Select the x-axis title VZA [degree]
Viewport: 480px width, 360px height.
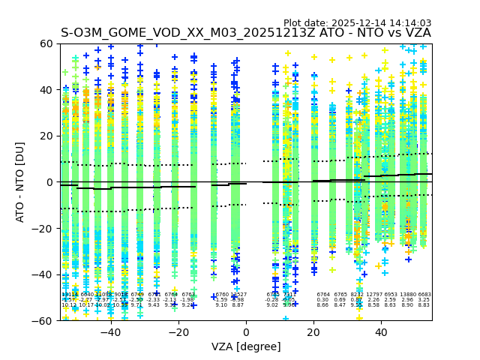[246, 346]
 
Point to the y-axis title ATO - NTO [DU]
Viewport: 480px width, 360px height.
[20, 182]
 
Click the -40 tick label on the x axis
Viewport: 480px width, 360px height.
[110, 331]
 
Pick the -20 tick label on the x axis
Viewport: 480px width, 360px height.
[178, 331]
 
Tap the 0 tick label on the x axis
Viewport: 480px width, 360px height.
[246, 331]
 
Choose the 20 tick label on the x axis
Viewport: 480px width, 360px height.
[313, 331]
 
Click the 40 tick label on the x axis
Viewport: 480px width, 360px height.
[381, 331]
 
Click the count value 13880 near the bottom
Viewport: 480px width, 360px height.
[408, 295]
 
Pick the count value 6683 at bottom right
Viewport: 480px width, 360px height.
[424, 295]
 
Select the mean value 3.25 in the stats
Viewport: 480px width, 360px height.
[424, 300]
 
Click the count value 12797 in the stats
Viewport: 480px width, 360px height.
[373, 295]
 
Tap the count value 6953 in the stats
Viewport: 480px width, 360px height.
[391, 295]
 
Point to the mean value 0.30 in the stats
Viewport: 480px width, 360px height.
[323, 300]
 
